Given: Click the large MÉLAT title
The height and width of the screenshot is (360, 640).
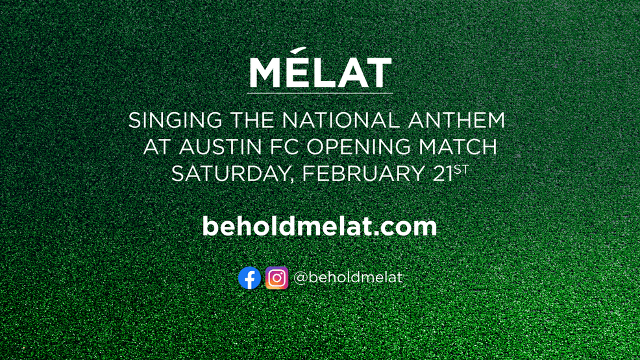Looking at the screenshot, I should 320,73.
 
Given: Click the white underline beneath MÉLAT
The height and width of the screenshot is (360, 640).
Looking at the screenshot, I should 320,93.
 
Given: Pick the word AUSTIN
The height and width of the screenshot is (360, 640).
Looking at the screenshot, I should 217,147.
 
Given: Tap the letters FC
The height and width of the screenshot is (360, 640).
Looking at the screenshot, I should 286,147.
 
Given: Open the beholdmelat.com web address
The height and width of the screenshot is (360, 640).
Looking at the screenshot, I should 319,226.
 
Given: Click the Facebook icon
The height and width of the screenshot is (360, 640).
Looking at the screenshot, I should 249,278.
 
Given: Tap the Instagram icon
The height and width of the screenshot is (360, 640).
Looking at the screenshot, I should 277,278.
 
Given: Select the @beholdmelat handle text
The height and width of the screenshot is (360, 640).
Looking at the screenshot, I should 348,278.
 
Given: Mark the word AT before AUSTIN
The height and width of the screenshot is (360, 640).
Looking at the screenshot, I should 156,147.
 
